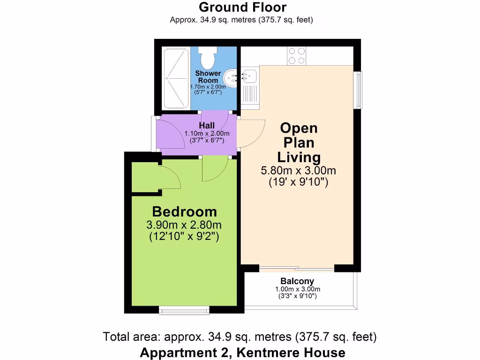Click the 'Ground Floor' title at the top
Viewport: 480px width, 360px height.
pyautogui.click(x=242, y=7)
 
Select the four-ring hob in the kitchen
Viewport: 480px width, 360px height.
pyautogui.click(x=296, y=56)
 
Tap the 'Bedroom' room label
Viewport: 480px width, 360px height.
pyautogui.click(x=184, y=211)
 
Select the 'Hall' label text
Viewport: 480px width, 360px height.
pyautogui.click(x=206, y=126)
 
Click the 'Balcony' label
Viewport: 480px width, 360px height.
pyautogui.click(x=298, y=281)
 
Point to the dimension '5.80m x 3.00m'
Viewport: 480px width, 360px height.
pyautogui.click(x=299, y=171)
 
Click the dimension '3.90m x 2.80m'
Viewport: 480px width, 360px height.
pyautogui.click(x=184, y=225)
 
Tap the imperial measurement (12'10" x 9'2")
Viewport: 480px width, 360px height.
pyautogui.click(x=184, y=237)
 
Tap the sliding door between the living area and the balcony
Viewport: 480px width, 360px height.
pyautogui.click(x=297, y=270)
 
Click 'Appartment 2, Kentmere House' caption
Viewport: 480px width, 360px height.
pyautogui.click(x=242, y=352)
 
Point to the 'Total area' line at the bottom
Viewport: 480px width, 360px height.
pyautogui.click(x=240, y=337)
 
